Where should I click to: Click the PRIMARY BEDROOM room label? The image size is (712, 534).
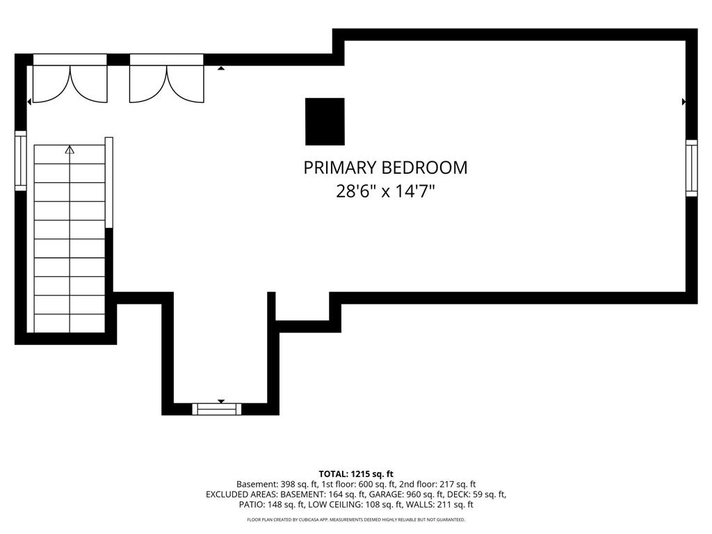[385, 168]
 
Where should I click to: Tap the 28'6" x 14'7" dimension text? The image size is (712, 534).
[385, 191]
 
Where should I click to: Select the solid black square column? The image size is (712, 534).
[325, 121]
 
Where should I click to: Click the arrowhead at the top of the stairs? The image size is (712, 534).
[70, 150]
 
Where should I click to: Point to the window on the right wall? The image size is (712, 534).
[691, 168]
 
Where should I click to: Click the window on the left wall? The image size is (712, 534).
[21, 161]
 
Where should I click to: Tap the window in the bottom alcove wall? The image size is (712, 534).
[217, 409]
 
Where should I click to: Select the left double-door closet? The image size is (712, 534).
[70, 79]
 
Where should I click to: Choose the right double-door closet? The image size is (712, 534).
[167, 79]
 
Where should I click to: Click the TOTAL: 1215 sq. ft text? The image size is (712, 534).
[356, 474]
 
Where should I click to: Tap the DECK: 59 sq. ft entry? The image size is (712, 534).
[477, 494]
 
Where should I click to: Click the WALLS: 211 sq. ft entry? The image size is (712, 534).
[439, 505]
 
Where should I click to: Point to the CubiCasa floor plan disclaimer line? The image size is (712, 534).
[356, 519]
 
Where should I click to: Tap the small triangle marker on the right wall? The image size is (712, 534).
[684, 102]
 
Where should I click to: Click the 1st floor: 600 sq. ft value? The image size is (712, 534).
[359, 485]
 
